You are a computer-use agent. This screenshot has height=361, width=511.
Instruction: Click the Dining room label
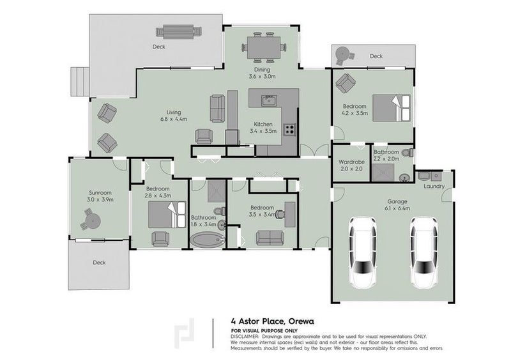(x=263, y=70)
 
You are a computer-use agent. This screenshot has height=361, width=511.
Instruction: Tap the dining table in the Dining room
(x=264, y=48)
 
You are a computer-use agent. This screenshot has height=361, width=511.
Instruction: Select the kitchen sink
(x=269, y=100)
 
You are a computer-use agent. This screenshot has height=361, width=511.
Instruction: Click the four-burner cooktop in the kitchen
(x=289, y=130)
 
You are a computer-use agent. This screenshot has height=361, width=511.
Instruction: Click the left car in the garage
(x=363, y=252)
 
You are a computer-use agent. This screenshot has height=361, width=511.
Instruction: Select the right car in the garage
(x=423, y=252)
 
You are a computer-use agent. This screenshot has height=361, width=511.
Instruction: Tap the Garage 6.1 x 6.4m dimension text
(x=397, y=208)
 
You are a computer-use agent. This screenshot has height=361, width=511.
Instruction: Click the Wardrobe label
(x=351, y=162)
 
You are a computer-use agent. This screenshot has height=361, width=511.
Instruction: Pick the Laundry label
(x=434, y=186)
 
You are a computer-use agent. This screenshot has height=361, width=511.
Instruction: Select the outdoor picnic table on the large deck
(x=179, y=32)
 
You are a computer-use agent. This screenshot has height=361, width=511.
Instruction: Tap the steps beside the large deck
(x=80, y=82)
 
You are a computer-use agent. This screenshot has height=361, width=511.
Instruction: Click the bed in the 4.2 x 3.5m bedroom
(x=392, y=108)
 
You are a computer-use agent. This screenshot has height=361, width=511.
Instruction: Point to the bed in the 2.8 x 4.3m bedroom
(x=167, y=214)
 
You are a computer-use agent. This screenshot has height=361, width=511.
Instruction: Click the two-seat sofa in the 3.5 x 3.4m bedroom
(x=270, y=238)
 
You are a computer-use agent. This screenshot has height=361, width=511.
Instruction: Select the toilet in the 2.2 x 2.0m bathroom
(x=408, y=152)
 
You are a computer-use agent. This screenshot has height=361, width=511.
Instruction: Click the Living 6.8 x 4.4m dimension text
(x=174, y=119)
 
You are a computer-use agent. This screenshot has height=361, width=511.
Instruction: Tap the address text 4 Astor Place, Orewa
(x=273, y=321)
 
